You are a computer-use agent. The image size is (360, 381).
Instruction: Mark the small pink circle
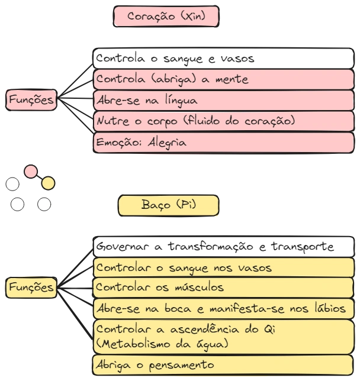pos(30,172)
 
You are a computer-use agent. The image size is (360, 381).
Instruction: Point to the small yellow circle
pos(49,183)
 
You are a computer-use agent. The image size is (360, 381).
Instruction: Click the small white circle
pos(44,204)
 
